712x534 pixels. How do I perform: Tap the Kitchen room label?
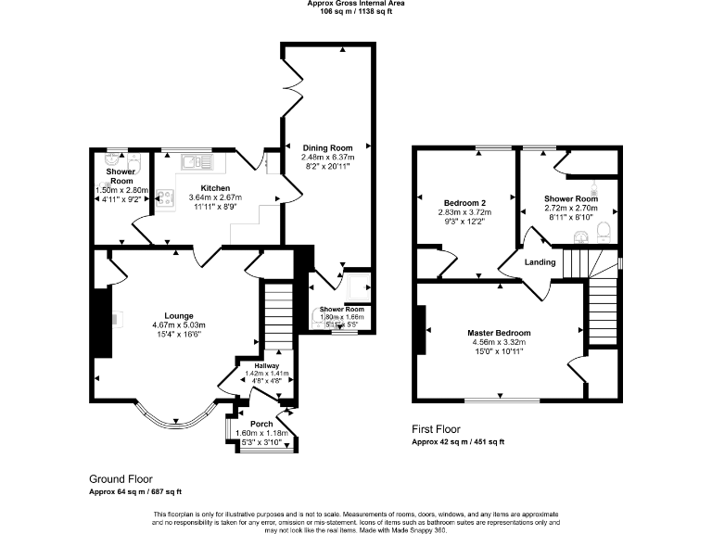click(x=215, y=187)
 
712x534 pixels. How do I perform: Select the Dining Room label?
click(x=327, y=147)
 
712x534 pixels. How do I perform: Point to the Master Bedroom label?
click(x=500, y=333)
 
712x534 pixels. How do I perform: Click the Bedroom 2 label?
click(x=464, y=202)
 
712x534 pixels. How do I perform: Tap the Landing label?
click(x=540, y=262)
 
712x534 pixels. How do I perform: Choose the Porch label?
click(x=261, y=425)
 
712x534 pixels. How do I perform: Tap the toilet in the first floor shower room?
click(x=604, y=229)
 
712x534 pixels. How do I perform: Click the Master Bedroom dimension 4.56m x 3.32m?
click(x=500, y=342)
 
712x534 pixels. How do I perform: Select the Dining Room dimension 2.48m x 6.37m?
click(x=327, y=158)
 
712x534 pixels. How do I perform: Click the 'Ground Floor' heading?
click(x=121, y=479)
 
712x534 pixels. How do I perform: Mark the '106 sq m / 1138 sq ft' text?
click(x=356, y=12)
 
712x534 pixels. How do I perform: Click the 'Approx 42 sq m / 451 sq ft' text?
click(x=458, y=442)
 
